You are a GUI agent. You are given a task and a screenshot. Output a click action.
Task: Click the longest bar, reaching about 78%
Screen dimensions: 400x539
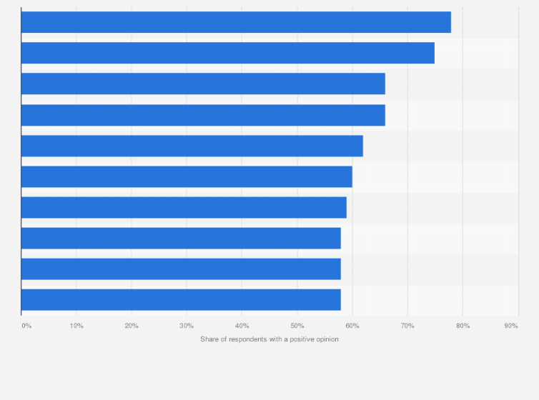(236, 22)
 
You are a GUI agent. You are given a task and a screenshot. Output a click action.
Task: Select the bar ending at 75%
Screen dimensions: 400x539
(227, 53)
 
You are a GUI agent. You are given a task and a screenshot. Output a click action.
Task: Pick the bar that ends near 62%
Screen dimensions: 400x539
(192, 146)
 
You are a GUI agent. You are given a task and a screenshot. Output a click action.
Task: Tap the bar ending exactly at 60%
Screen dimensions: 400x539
(187, 176)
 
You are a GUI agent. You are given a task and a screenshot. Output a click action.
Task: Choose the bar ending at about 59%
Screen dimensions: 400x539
(184, 207)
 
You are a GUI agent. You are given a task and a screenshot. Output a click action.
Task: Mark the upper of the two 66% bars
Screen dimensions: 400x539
(203, 84)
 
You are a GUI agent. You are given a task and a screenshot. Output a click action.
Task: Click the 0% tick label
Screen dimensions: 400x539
(26, 326)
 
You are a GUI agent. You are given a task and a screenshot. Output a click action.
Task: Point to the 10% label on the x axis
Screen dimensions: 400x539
(76, 326)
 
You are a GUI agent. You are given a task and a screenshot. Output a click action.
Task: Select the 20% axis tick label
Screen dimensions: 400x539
(132, 326)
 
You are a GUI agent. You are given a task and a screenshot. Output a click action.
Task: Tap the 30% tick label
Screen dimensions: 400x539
(187, 326)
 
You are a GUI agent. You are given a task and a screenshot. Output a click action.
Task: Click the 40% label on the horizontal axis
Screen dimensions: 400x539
(242, 326)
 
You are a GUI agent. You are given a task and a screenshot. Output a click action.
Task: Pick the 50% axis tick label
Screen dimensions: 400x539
(297, 326)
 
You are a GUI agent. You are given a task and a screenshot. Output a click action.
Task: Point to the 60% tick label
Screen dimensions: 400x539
(352, 326)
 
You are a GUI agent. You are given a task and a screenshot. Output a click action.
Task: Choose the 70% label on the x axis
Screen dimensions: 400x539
(407, 326)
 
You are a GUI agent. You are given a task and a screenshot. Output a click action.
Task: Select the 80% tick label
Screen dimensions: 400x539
(463, 326)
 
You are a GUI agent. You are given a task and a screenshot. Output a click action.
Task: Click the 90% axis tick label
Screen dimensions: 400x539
(510, 326)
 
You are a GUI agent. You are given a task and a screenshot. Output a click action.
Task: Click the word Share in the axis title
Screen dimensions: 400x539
(209, 339)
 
